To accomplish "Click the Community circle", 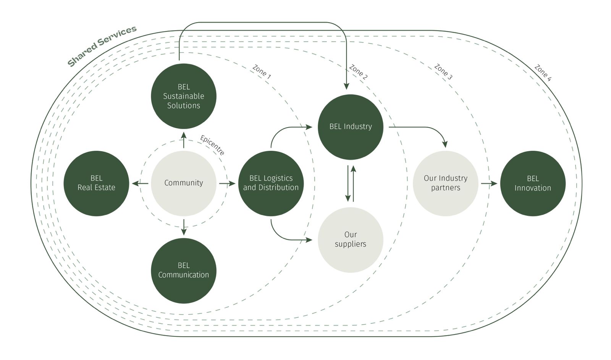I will tap(184, 183).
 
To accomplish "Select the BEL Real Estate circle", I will tap(96, 183).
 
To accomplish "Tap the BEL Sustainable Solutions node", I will tap(184, 96).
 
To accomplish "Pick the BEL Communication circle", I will tap(184, 270).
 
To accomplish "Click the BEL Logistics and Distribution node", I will tap(271, 183).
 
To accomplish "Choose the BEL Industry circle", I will tap(351, 127).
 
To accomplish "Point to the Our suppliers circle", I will tap(351, 240).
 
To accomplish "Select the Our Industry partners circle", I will tap(445, 183).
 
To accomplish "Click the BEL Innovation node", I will tap(533, 183).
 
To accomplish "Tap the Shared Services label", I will tap(102, 46).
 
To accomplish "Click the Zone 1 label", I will tap(262, 72).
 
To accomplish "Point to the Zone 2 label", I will tap(358, 72).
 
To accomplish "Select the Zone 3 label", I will tap(443, 72).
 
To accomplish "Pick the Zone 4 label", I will tap(543, 73).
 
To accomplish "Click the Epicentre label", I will tap(212, 145).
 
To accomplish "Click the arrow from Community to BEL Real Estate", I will tap(140, 184).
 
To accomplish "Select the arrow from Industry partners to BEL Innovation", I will tap(489, 184).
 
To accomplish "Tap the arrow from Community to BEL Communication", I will tap(184, 227).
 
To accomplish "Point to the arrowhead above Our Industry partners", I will tap(445, 144).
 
